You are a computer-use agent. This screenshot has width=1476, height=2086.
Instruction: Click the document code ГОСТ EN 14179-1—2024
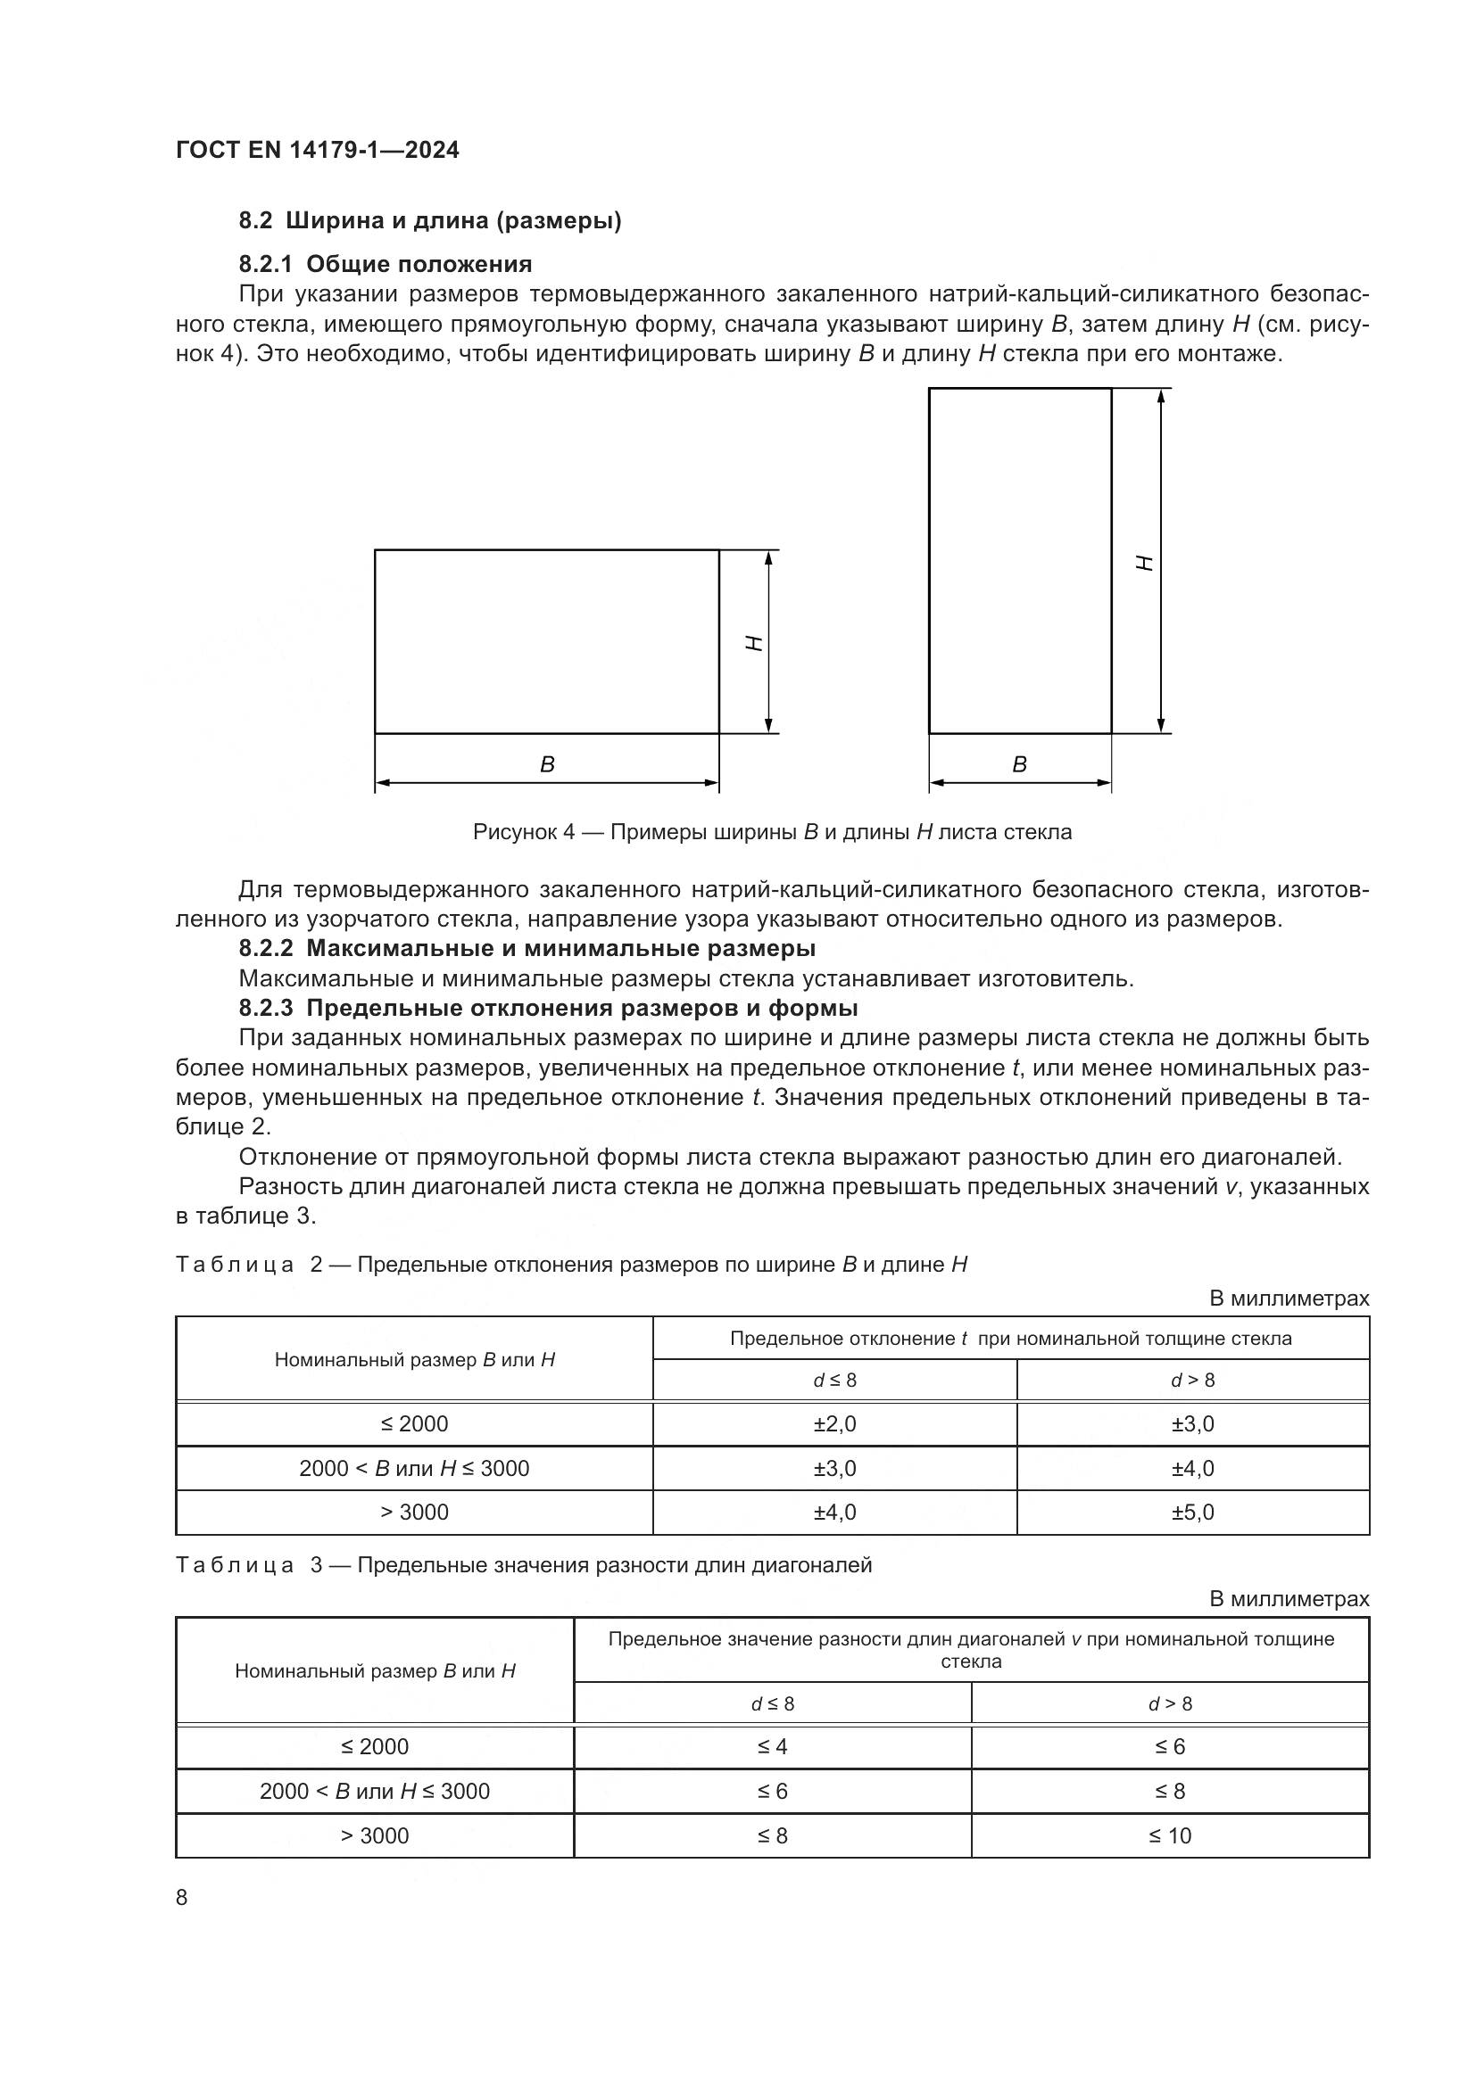point(317,150)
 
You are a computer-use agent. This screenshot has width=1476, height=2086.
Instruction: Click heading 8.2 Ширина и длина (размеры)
point(430,221)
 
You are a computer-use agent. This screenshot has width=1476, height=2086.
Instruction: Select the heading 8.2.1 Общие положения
point(386,264)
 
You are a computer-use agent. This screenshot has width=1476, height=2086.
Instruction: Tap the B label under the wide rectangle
point(547,765)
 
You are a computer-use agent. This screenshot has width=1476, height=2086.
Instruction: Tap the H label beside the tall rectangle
point(1146,563)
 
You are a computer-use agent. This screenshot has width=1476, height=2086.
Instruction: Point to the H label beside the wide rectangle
point(753,642)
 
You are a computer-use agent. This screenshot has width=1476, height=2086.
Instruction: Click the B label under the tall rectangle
point(1020,765)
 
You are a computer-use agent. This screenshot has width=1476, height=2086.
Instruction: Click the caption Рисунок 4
point(772,832)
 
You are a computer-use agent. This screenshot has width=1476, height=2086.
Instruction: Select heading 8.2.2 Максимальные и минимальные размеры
point(527,949)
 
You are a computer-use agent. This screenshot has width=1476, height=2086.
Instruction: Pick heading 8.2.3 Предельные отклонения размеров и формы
point(548,1009)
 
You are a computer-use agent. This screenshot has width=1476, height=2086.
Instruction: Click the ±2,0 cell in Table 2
point(834,1423)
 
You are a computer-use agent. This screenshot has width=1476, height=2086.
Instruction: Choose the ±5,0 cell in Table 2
point(1192,1513)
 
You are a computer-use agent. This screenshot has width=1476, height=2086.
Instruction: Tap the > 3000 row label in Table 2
point(414,1513)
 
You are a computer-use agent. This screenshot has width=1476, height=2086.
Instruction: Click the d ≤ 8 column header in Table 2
point(834,1380)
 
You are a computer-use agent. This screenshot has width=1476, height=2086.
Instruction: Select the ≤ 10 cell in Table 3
point(1170,1836)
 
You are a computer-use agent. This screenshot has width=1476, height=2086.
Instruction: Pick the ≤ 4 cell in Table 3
point(773,1747)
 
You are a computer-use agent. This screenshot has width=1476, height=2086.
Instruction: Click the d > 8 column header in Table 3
point(1170,1703)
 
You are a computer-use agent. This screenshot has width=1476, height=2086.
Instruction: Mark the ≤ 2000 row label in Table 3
point(375,1747)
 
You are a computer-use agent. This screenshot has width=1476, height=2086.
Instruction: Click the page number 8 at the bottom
point(182,1898)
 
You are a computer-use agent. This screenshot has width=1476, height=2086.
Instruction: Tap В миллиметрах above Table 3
point(1289,1599)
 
